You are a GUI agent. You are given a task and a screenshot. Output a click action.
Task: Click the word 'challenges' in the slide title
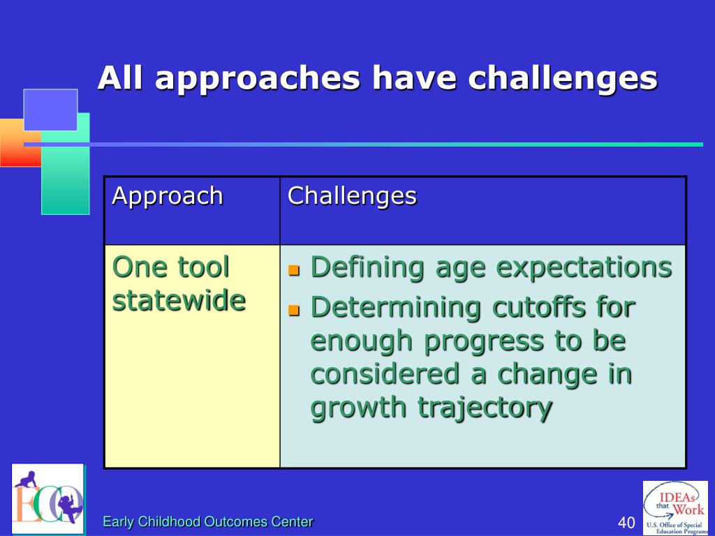pos(563,78)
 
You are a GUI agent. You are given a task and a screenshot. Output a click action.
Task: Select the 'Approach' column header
pos(168,196)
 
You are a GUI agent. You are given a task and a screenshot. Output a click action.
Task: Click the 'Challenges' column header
pos(352,196)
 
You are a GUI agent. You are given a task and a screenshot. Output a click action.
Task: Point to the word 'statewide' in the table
pos(179,300)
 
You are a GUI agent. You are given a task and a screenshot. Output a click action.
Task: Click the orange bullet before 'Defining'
pos(294,270)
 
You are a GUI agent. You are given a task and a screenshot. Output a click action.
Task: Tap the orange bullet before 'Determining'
pos(294,311)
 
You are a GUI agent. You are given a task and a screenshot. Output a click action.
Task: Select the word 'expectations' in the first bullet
pos(584,267)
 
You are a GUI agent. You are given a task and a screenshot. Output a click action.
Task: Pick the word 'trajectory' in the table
pos(485,408)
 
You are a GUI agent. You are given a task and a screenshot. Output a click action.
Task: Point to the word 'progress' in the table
pos(484,342)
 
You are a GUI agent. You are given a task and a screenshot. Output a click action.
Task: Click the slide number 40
pos(626,522)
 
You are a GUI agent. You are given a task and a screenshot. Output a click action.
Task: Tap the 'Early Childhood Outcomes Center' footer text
pos(208,521)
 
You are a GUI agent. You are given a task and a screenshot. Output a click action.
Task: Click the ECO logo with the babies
pos(48,499)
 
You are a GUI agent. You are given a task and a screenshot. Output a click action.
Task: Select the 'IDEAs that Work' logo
pos(675,508)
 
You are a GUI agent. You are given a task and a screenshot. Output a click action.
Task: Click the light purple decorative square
pos(50,110)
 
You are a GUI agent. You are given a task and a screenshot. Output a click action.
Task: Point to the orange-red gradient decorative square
pos(20,142)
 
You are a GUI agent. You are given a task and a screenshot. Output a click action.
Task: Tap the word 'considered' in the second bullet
pos(385,374)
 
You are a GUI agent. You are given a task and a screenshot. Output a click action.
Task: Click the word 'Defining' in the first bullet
pos(367,267)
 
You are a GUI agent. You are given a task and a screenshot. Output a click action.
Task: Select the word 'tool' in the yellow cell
pos(203,267)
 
